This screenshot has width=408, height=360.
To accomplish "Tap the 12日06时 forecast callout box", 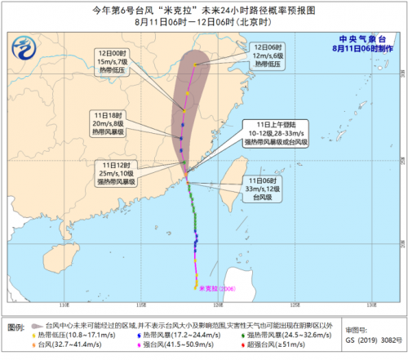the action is pyautogui.click(x=270, y=55).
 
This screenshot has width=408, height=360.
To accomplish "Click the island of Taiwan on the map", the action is pyautogui.click(x=232, y=184).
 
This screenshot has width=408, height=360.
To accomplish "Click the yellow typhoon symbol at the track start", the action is pyautogui.click(x=196, y=287).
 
